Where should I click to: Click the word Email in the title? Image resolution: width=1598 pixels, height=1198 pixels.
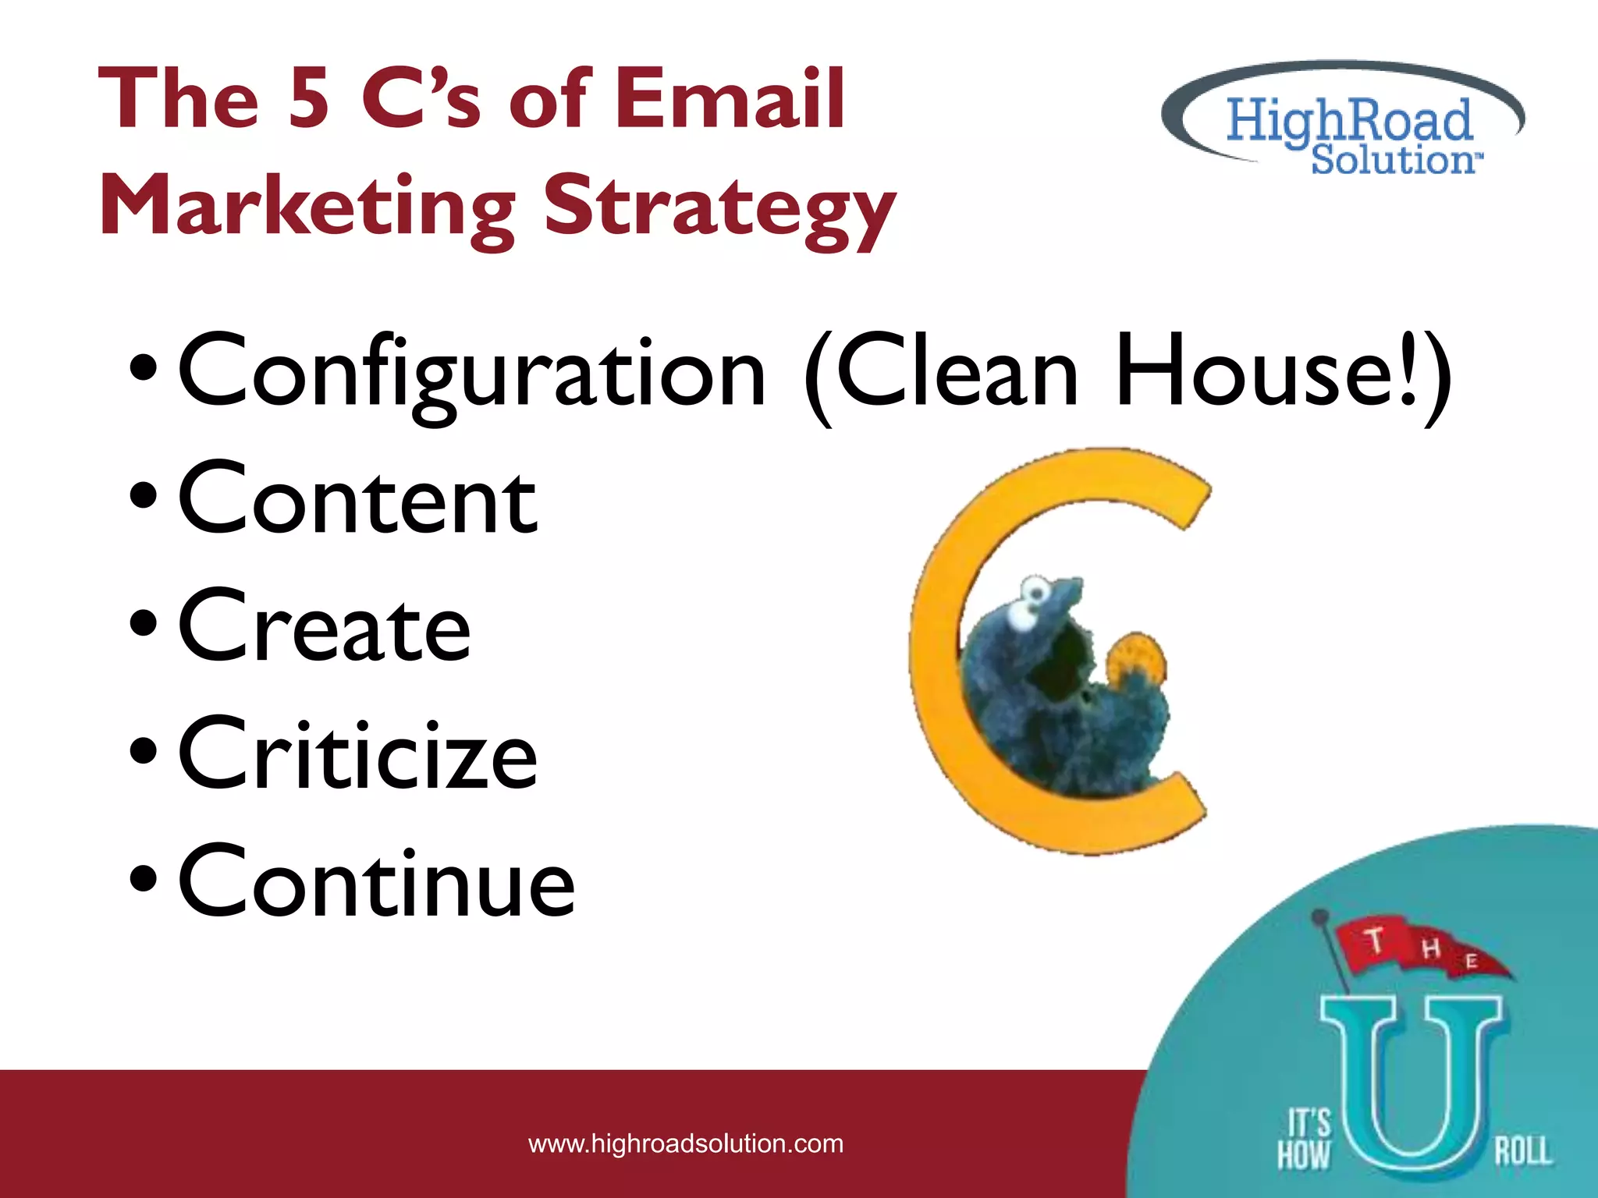(x=730, y=99)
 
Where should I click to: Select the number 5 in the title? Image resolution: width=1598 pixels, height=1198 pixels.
(x=308, y=99)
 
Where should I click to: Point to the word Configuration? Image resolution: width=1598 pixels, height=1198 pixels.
(x=472, y=373)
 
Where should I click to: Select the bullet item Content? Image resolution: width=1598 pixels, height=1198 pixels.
(x=357, y=499)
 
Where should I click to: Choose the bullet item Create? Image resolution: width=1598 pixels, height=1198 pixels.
(x=324, y=628)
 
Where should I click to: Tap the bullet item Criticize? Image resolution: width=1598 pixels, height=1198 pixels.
(x=357, y=755)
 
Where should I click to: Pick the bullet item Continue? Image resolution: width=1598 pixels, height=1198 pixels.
(x=376, y=883)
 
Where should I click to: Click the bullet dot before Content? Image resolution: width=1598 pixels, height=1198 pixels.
(x=144, y=495)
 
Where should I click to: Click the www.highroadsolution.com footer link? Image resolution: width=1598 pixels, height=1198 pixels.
(x=685, y=1144)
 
